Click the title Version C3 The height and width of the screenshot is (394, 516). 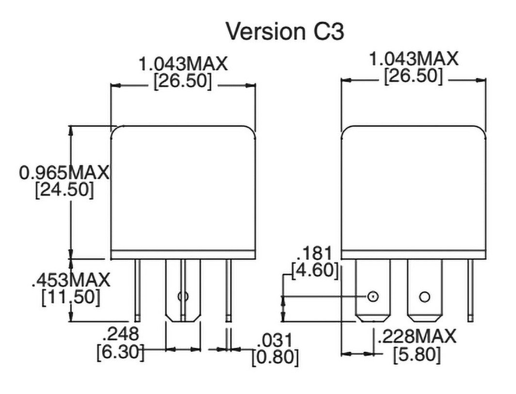[x=285, y=31]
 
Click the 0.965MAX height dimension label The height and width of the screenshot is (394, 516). [x=64, y=173]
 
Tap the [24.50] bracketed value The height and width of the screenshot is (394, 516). [x=64, y=191]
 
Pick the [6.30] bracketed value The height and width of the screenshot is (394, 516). [x=120, y=351]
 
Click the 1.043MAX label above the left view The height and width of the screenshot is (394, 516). [x=183, y=64]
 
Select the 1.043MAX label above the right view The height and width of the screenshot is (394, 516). [x=414, y=59]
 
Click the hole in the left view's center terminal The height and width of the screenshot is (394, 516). [x=183, y=296]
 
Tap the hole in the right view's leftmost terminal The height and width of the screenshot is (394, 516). [x=372, y=296]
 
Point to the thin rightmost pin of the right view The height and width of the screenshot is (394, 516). [x=471, y=290]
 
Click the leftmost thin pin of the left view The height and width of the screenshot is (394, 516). [x=137, y=290]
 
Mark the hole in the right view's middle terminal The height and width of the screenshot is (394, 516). [x=424, y=296]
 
